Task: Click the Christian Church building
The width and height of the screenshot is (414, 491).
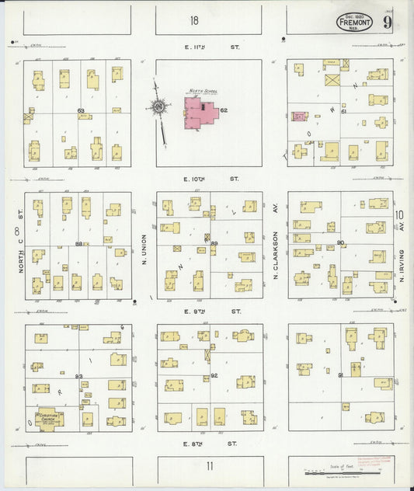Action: [x=47, y=418]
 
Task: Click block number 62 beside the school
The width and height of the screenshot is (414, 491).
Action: [x=224, y=110]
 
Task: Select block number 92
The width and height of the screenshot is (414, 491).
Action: [x=214, y=376]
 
